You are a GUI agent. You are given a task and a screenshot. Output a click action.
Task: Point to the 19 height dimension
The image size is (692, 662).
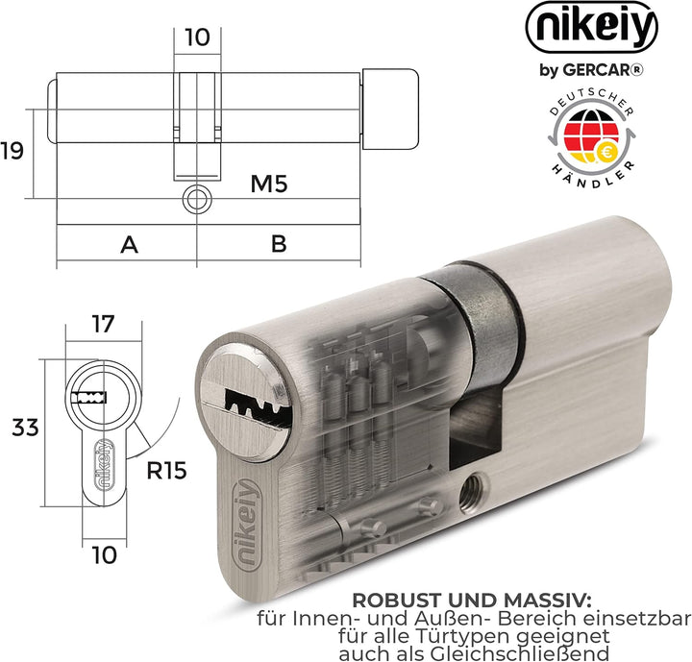tap(12, 151)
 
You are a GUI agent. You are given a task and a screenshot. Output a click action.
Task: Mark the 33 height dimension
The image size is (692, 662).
tap(25, 427)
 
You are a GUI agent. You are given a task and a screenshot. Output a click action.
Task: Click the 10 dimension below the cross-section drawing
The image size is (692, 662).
tap(106, 553)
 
